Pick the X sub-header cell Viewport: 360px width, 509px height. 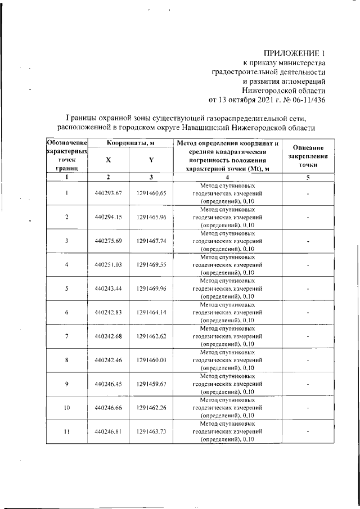[109, 160]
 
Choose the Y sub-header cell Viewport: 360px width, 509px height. [151, 160]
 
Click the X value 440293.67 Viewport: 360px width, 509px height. [109, 193]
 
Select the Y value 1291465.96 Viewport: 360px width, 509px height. [151, 217]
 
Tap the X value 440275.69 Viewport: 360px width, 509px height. [109, 241]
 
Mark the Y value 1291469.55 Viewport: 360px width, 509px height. [151, 264]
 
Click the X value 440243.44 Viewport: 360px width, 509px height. [109, 289]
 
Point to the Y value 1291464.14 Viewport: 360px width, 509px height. [151, 312]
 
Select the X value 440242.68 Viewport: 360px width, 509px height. [109, 336]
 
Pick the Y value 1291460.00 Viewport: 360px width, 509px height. [151, 360]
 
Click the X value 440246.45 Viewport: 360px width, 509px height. [109, 384]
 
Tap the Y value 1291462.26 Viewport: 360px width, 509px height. [151, 407]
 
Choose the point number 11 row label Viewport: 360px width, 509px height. [66, 431]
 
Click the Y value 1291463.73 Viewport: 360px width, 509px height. [151, 431]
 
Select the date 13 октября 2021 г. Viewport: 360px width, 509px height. [249, 101]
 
